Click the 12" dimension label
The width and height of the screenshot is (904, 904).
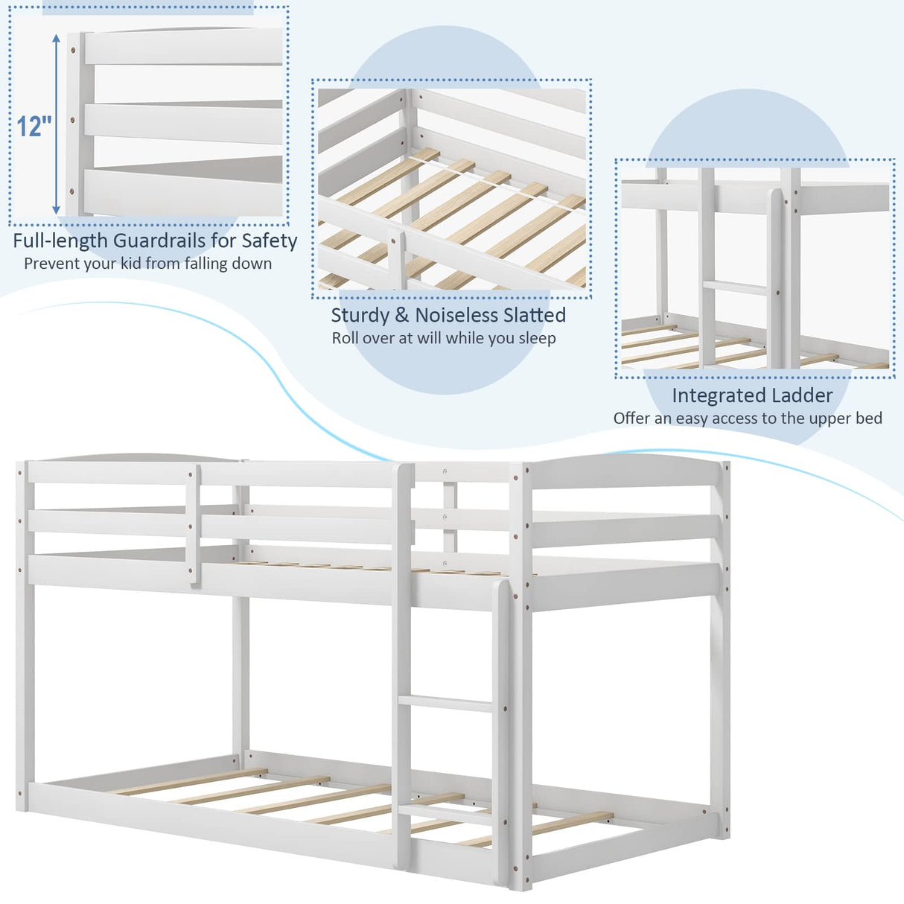click(x=34, y=127)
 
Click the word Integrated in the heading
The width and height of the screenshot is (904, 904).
click(x=716, y=395)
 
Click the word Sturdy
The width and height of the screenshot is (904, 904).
click(x=360, y=315)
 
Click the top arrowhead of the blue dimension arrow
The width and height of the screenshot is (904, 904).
click(x=57, y=38)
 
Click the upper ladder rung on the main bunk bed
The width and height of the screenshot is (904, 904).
click(x=445, y=702)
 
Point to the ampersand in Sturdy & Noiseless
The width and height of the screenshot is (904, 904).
click(x=402, y=315)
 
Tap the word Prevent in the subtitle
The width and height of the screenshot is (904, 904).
click(x=50, y=264)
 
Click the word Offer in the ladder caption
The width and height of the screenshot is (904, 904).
click(x=631, y=418)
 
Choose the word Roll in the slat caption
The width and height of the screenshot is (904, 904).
click(x=345, y=338)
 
